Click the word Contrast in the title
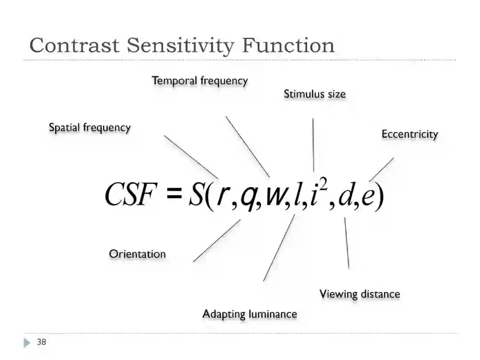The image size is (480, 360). coord(74,45)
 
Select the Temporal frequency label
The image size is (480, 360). coord(200,81)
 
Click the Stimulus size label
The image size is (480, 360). coord(315,94)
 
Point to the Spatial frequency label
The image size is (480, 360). coord(90,128)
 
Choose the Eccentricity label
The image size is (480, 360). coord(410,134)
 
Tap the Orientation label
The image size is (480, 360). coord(137,254)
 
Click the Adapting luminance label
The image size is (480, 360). coord(250,314)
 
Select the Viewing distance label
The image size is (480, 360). coord(360,294)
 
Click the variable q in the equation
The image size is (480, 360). coord(247,198)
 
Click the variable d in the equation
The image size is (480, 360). coord(345,196)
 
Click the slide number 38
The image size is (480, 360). coord(41,342)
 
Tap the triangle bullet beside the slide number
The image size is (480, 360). coord(27,343)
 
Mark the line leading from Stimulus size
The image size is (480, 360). coord(313,144)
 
